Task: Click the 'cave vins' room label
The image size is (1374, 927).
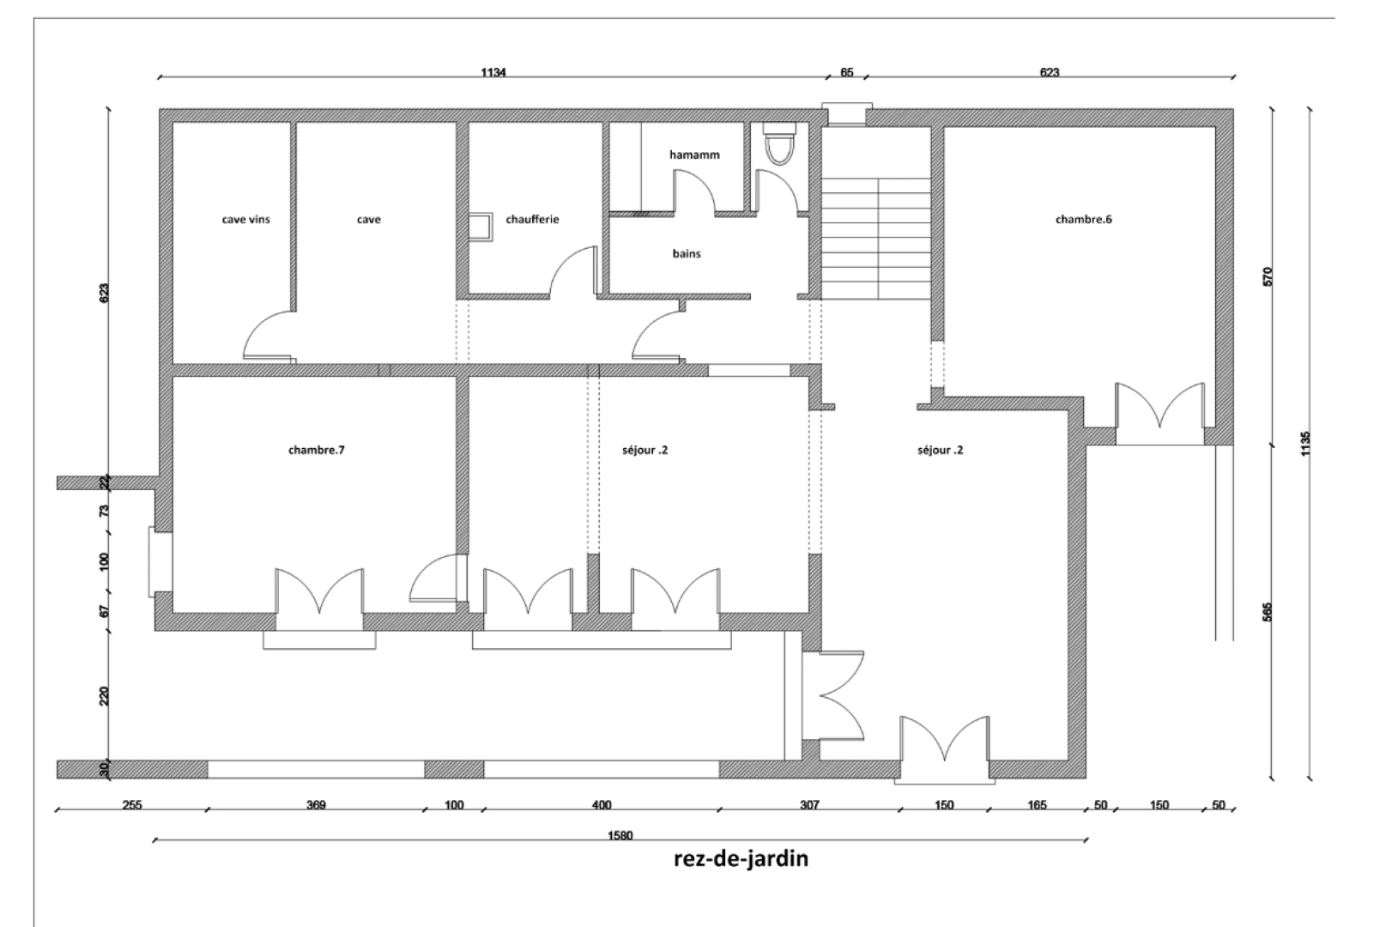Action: coord(245,220)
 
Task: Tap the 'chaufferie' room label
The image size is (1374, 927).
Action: coord(532,220)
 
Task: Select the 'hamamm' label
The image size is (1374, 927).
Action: coord(694,155)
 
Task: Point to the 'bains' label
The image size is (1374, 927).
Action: coord(687,254)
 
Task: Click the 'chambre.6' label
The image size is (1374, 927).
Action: coord(1083,220)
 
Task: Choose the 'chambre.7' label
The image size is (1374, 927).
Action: coord(316,450)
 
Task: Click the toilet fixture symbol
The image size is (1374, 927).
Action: coord(780,143)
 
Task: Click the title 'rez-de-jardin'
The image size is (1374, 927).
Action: coord(741,858)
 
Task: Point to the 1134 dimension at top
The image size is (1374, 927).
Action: coord(493,73)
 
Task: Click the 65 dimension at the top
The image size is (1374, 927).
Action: coord(846,73)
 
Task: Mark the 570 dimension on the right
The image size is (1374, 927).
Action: coord(1268,276)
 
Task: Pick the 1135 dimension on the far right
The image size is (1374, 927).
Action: coord(1305,444)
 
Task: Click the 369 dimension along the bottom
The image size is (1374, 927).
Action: coord(316,805)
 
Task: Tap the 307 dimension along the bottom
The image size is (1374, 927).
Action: coord(809,805)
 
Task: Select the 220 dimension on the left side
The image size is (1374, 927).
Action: coord(105,695)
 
